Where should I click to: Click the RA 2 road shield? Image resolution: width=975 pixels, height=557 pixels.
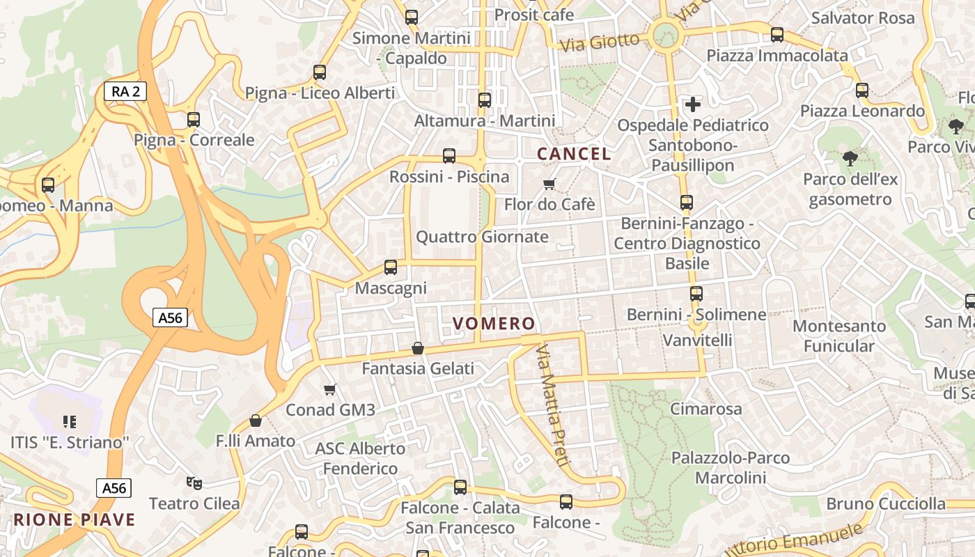point(125,91)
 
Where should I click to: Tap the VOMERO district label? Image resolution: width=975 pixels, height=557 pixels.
point(494,324)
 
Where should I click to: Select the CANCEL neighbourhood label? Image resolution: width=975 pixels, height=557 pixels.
point(574,154)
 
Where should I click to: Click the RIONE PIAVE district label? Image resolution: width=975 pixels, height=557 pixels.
point(75,519)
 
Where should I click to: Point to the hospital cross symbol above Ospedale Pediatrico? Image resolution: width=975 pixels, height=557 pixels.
point(693,104)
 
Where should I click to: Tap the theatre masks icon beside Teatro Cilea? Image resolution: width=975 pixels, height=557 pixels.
point(194,483)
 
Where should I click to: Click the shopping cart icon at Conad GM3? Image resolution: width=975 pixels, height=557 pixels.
point(330,389)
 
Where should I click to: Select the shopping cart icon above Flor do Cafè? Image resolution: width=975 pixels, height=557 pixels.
point(549,184)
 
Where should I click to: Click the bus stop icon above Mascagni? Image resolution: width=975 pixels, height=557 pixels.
point(391,267)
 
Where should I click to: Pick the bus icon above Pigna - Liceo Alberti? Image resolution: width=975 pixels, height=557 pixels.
point(320,72)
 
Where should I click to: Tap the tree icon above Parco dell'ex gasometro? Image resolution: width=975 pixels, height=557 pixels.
point(850,159)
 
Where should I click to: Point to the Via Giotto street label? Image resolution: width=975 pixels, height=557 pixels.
point(600,42)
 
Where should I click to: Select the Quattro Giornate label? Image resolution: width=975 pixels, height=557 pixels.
point(482,237)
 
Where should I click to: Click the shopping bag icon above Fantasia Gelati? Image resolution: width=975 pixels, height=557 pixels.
point(418,347)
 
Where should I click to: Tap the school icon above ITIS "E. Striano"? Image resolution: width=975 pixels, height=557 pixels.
point(70,421)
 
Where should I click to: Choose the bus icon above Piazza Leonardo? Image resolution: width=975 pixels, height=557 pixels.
point(862,90)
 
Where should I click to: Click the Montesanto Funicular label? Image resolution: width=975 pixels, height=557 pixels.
point(839,336)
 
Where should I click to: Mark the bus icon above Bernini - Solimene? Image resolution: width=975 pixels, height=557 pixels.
point(696,294)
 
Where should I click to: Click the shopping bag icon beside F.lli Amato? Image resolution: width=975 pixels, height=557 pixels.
point(256,421)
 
